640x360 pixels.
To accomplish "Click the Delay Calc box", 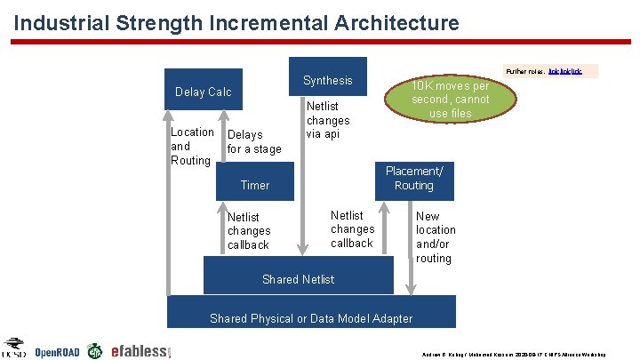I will pos(204,92).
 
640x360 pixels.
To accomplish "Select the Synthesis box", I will pos(327,80).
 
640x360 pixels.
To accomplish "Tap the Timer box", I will pos(255,185).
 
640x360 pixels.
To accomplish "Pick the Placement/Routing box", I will pos(414,179).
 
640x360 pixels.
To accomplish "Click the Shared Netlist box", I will pos(298,279).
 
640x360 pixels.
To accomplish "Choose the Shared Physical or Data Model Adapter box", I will pos(311,317).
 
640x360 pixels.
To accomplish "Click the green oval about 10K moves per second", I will pos(450,100).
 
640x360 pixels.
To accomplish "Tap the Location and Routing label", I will pos(191,146).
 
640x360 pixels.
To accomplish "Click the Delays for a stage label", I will pos(253,142).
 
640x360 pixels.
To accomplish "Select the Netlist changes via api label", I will pos(328,120).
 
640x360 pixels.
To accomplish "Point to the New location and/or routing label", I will pos(435,237).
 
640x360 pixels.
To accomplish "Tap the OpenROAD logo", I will pos(57,351).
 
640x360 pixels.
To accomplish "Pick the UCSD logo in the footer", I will pos(14,348).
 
